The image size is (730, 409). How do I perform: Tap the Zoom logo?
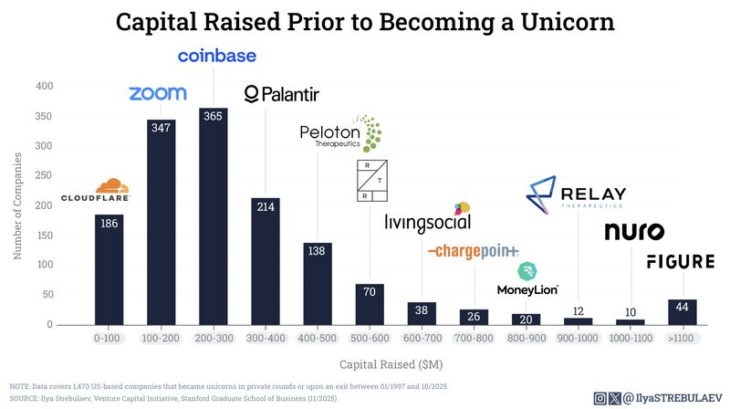point(158,93)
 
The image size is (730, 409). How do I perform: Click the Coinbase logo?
point(216,57)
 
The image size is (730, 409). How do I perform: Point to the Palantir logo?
point(282,94)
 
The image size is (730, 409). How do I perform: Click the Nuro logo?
point(634,232)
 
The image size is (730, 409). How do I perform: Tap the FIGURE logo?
point(680,262)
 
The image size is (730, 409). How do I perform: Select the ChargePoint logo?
point(474,251)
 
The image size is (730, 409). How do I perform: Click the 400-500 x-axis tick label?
point(318,339)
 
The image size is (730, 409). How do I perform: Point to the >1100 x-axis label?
point(682,339)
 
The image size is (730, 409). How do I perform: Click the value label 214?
point(266,207)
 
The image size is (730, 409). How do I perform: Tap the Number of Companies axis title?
point(17,205)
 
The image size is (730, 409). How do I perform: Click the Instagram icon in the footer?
point(600,397)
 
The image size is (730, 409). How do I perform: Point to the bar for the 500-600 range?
point(370,304)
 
